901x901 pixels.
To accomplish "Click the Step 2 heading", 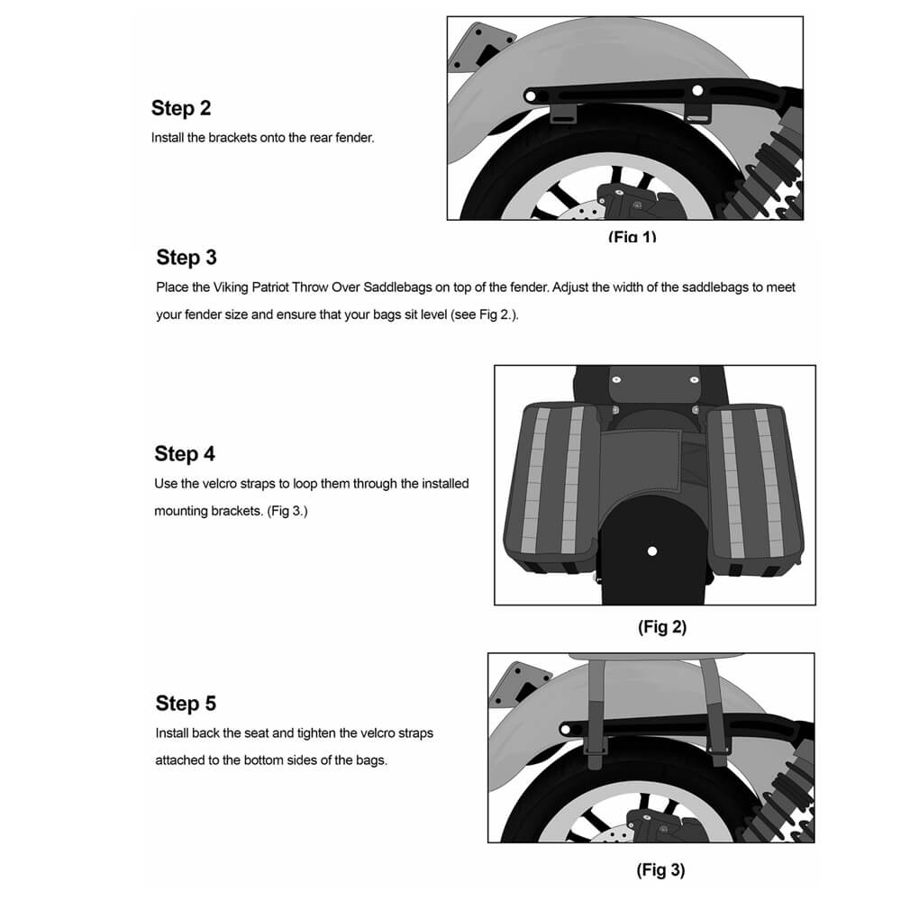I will click(181, 108).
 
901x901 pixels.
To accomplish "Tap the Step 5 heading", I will click(186, 703).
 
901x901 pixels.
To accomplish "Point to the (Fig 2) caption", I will click(662, 627).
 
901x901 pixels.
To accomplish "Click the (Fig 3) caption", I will click(660, 870).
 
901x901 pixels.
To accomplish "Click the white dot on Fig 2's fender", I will click(652, 551).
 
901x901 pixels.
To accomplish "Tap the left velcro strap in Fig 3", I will click(596, 712).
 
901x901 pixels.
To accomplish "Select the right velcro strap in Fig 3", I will click(716, 712).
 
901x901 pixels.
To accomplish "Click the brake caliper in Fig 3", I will click(658, 824).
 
